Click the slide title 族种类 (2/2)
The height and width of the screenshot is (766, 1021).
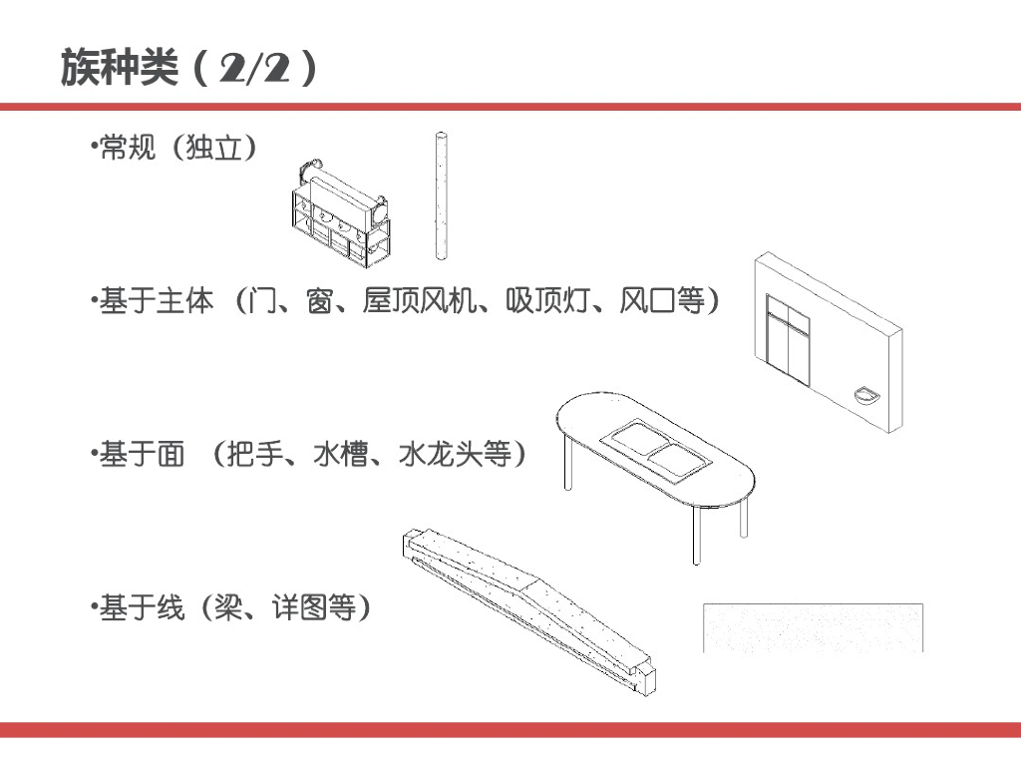(189, 68)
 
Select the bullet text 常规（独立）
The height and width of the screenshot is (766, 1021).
(177, 150)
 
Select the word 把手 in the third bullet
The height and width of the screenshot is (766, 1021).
(256, 455)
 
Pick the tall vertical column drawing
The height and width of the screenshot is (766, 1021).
(438, 195)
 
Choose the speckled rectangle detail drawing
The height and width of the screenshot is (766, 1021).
(813, 627)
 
